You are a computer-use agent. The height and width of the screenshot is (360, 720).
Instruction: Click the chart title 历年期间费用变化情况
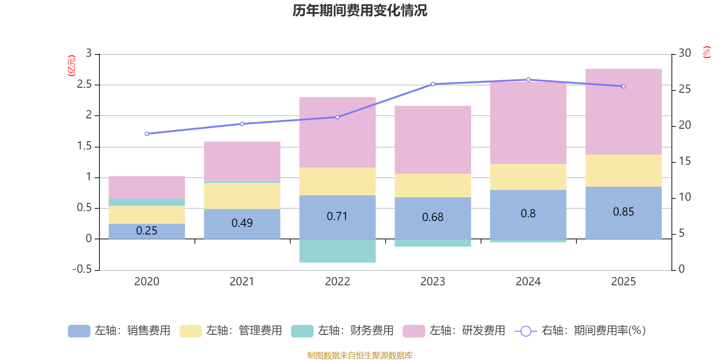[360, 10]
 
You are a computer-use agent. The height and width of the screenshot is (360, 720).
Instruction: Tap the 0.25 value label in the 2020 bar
[147, 231]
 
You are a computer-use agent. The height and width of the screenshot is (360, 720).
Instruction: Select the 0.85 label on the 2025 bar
[623, 212]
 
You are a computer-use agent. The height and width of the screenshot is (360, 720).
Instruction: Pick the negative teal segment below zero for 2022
[337, 251]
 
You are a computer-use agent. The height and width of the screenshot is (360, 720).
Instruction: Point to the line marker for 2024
[528, 80]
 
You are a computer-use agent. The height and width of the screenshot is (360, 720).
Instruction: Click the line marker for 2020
[147, 134]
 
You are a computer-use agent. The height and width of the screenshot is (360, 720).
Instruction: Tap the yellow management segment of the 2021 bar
[242, 196]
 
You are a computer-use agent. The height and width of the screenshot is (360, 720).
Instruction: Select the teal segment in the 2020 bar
[147, 202]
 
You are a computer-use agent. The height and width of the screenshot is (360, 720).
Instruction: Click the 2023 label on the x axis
[432, 282]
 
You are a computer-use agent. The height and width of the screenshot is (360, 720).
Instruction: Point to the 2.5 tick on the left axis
[84, 85]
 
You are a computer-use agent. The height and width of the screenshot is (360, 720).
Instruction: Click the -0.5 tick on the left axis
[82, 269]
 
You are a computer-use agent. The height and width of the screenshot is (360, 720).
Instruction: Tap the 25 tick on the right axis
[684, 89]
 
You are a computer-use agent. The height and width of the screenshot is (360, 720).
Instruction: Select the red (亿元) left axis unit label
[72, 66]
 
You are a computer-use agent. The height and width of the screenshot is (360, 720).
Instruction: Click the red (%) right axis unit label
[707, 52]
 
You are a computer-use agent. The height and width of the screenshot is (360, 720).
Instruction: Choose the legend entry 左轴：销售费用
[119, 331]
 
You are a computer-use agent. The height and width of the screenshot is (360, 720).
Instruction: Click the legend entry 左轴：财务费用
[342, 331]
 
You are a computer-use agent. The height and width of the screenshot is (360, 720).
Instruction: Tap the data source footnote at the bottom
[360, 355]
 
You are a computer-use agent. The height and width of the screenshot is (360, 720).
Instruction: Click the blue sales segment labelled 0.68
[432, 217]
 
